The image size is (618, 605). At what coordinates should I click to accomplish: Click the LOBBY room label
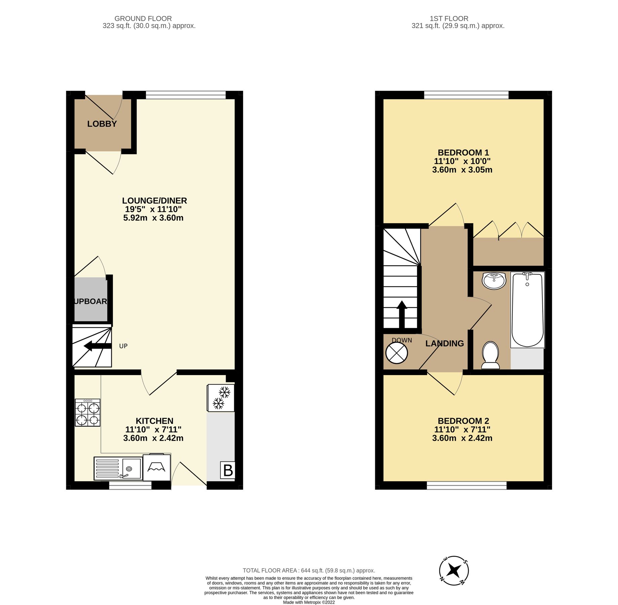tap(102, 124)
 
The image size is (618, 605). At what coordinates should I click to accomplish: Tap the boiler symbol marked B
tap(228, 470)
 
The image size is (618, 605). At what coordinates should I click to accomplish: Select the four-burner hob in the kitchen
tap(87, 413)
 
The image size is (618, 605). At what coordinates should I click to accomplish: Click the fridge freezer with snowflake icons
tap(221, 398)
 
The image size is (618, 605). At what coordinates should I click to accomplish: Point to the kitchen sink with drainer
tap(118, 468)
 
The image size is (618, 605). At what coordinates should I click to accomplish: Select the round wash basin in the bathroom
tap(494, 280)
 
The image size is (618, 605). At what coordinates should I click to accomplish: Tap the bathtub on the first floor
tap(527, 310)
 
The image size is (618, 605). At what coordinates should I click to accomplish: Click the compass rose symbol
tap(454, 570)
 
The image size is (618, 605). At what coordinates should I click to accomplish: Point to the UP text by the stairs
tap(123, 346)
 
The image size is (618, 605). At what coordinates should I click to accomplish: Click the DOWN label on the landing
tap(402, 340)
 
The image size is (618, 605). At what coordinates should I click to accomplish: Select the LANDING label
tap(445, 344)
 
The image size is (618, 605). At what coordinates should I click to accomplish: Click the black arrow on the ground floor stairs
tap(97, 346)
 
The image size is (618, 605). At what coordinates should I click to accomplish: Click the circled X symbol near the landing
tap(396, 353)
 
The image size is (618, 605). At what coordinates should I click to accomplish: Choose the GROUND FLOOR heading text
tap(143, 18)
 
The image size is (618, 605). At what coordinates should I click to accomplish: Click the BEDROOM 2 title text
tap(463, 421)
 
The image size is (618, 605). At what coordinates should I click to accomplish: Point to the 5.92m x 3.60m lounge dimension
tap(153, 218)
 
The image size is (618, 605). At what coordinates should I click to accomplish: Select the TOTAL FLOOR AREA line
tap(309, 570)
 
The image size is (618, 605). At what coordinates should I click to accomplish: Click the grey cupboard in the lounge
tap(90, 299)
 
